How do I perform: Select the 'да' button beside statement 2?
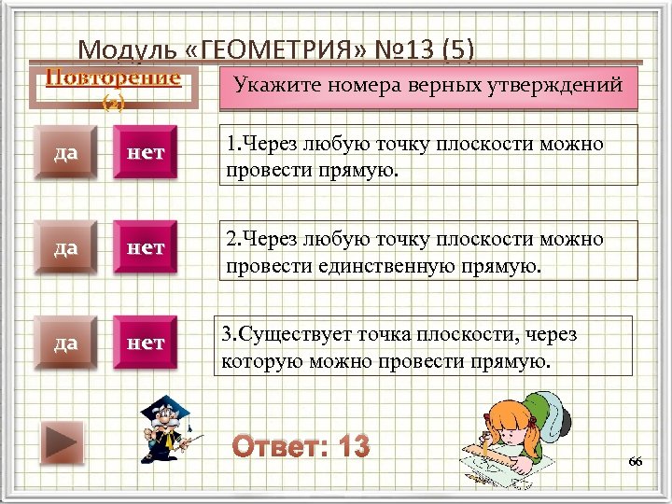pos(64,248)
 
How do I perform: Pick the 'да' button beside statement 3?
pos(64,343)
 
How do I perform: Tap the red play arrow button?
pos(63,441)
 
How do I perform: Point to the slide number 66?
pos(636,462)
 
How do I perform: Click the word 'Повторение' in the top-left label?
pos(113,77)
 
